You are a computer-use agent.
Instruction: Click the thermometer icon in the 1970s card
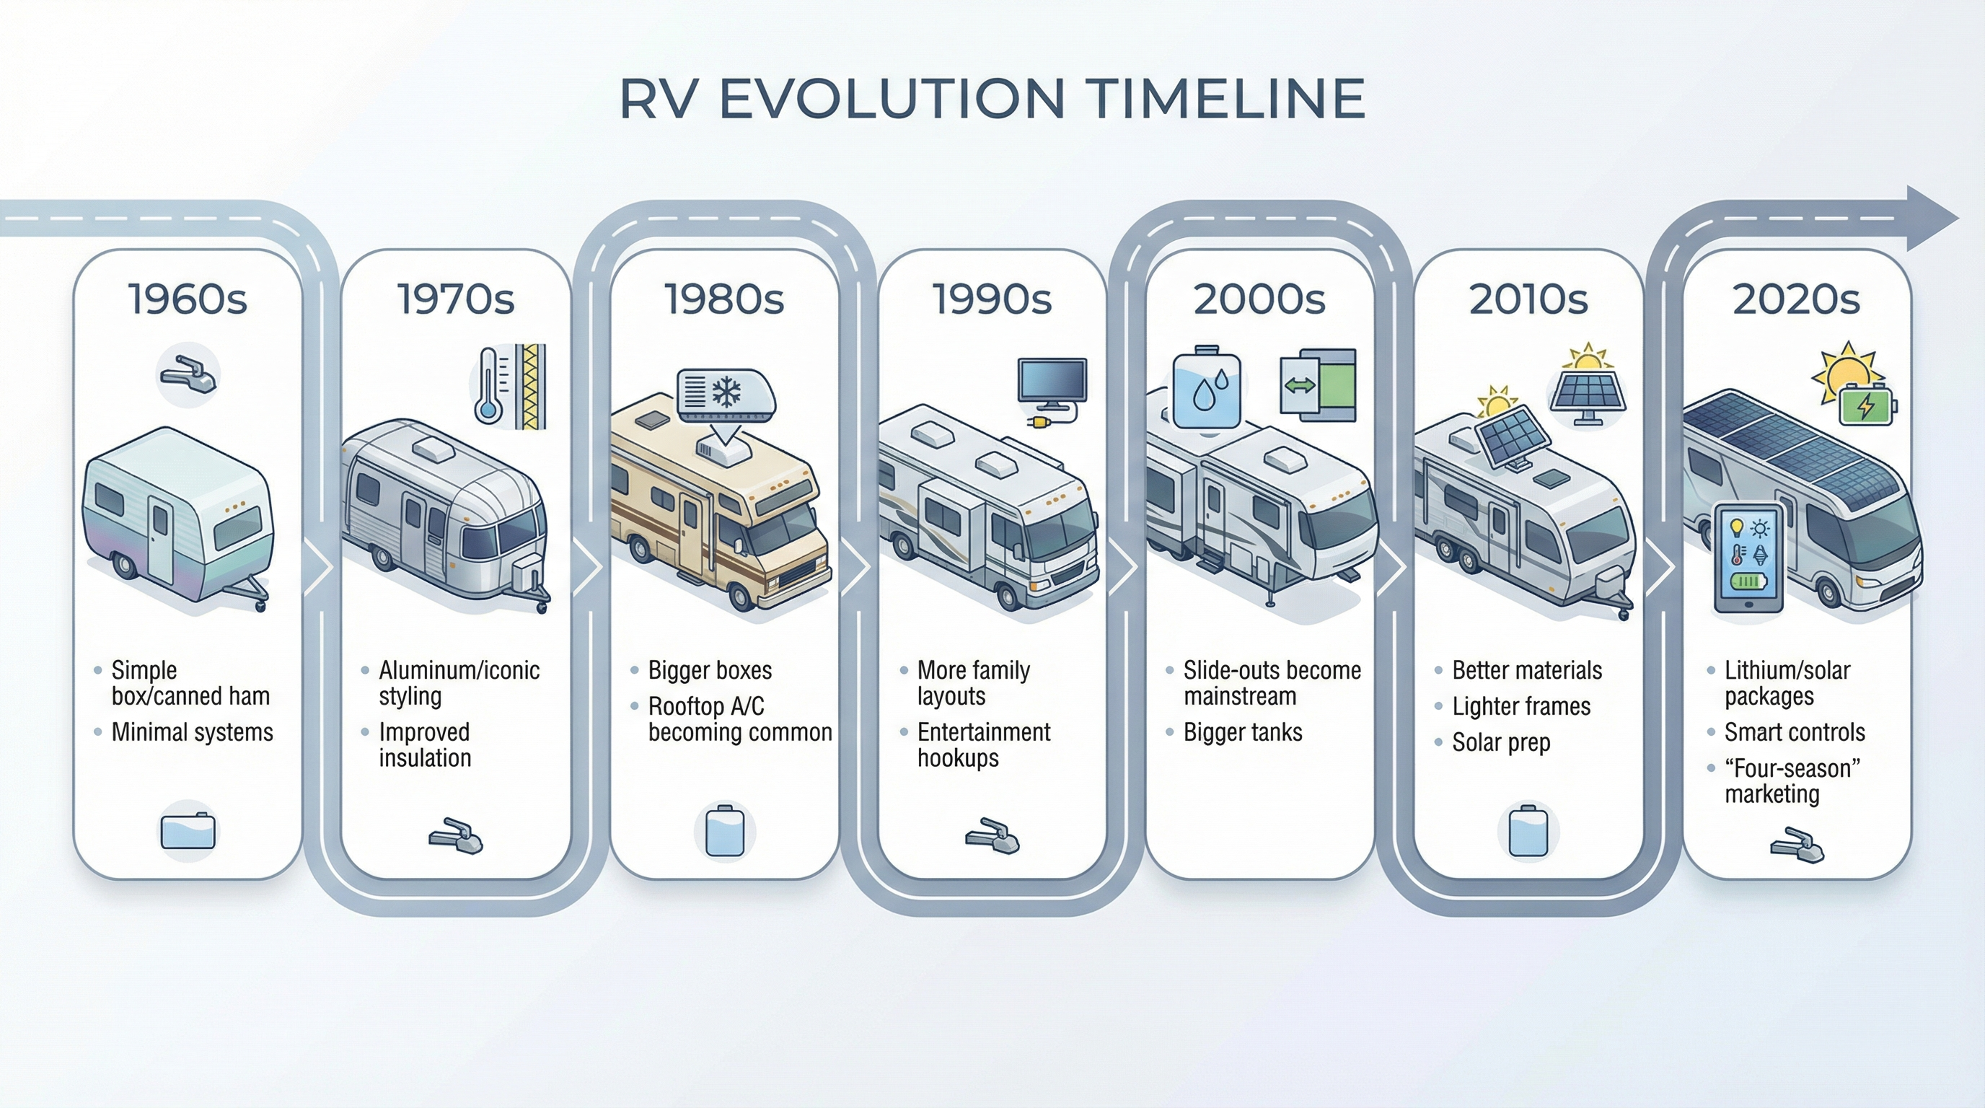click(x=488, y=384)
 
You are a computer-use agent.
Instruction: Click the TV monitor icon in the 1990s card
click(x=1052, y=382)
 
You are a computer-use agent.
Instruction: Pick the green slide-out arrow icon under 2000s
click(x=1318, y=385)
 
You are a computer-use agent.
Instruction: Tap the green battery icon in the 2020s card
click(x=1865, y=405)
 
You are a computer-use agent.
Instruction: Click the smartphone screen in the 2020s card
click(x=1748, y=556)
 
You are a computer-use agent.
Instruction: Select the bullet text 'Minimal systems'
click(x=192, y=732)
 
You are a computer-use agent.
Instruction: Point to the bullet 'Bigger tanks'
click(x=1242, y=732)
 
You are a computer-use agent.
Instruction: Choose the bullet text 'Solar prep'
click(x=1500, y=743)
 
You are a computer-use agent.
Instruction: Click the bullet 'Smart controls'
click(x=1794, y=732)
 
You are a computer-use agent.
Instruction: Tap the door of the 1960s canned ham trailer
click(x=160, y=540)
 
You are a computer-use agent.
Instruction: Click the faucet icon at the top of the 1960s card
click(x=188, y=374)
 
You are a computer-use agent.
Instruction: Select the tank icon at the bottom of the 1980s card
click(x=724, y=832)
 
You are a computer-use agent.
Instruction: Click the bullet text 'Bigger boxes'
click(x=709, y=670)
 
